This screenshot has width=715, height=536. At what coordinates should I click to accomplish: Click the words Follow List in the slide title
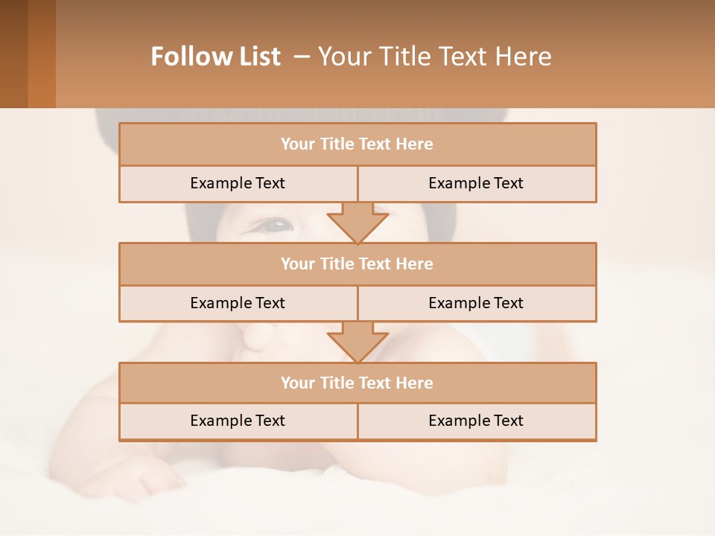coord(215,57)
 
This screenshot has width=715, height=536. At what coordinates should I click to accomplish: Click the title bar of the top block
coord(357,144)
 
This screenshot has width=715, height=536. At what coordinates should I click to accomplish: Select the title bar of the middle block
coord(357,264)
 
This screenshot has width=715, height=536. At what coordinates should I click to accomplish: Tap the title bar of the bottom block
coord(357,383)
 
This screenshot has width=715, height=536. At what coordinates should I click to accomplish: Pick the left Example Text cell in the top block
coord(238,184)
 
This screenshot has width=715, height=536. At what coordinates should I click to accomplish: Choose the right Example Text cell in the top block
coord(476,184)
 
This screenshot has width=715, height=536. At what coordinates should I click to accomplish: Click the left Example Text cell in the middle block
coord(238,304)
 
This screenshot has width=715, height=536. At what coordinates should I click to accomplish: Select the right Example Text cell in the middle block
coord(476,304)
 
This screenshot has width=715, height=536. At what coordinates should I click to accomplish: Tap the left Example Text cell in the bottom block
coord(238,421)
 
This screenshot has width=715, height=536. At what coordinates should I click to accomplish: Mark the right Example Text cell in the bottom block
coord(476,421)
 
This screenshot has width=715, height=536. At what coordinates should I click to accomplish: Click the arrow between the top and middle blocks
coord(357,222)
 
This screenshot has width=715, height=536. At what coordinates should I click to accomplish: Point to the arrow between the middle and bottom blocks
coord(357,342)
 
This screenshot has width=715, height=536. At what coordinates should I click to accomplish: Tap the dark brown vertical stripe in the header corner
coord(13,54)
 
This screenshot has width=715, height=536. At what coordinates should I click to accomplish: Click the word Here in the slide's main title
coord(525,57)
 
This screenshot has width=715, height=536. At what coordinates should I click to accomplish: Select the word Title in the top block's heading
coord(334,144)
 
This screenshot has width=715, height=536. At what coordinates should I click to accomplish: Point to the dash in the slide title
coord(302,57)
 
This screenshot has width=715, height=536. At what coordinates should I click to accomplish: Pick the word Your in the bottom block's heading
coord(297,383)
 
